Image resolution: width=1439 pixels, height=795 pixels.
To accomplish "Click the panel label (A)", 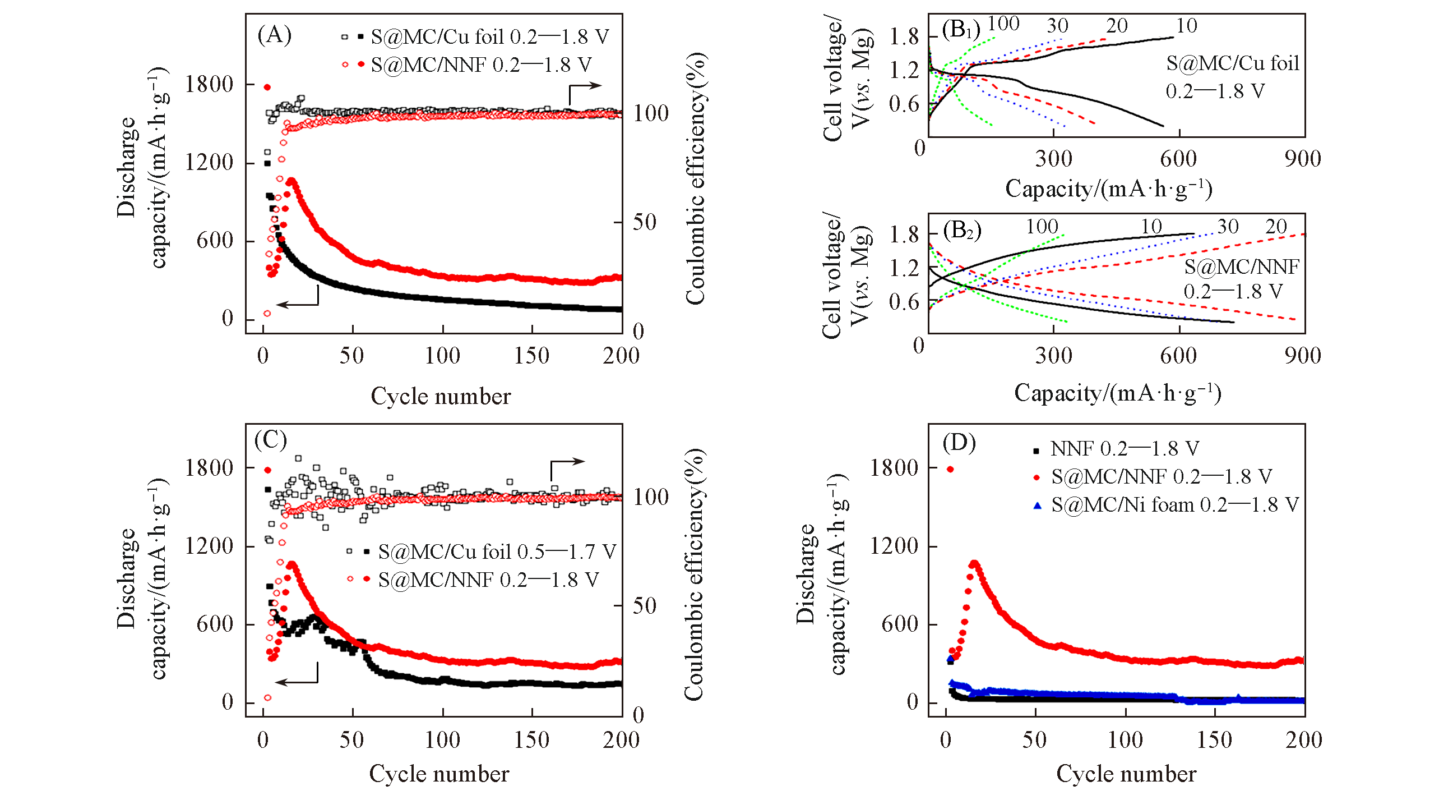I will (274, 35).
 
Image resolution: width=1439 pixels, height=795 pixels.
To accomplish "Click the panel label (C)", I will (271, 440).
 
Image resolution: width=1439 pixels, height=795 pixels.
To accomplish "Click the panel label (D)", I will (959, 443).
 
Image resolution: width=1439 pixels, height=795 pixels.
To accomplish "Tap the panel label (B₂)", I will (962, 231).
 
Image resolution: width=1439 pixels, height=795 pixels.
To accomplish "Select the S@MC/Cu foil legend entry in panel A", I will (489, 37).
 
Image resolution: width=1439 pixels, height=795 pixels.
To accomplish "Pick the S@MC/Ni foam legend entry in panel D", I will (1174, 505).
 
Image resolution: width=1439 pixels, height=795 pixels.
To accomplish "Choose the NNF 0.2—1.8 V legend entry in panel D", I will (1124, 449).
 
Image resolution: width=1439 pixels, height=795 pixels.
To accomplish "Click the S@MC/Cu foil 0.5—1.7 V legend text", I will (497, 552).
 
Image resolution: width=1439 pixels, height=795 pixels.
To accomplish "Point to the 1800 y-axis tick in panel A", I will (209, 85).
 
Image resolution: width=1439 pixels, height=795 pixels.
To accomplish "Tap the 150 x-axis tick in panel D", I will (1214, 740).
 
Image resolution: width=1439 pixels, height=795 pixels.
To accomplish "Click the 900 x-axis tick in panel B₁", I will (1303, 159).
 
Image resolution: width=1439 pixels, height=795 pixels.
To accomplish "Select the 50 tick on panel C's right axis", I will (644, 606).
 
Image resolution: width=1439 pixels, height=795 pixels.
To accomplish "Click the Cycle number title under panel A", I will (441, 396).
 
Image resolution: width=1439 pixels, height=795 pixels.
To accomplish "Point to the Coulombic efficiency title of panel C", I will (694, 575).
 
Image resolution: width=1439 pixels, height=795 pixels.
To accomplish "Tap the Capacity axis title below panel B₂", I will (1117, 393).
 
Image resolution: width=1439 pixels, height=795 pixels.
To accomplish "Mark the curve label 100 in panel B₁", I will (1003, 24).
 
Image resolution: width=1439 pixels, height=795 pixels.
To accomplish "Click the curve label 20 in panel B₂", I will (1276, 227).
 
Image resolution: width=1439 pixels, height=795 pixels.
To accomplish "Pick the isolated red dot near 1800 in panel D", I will (950, 470).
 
